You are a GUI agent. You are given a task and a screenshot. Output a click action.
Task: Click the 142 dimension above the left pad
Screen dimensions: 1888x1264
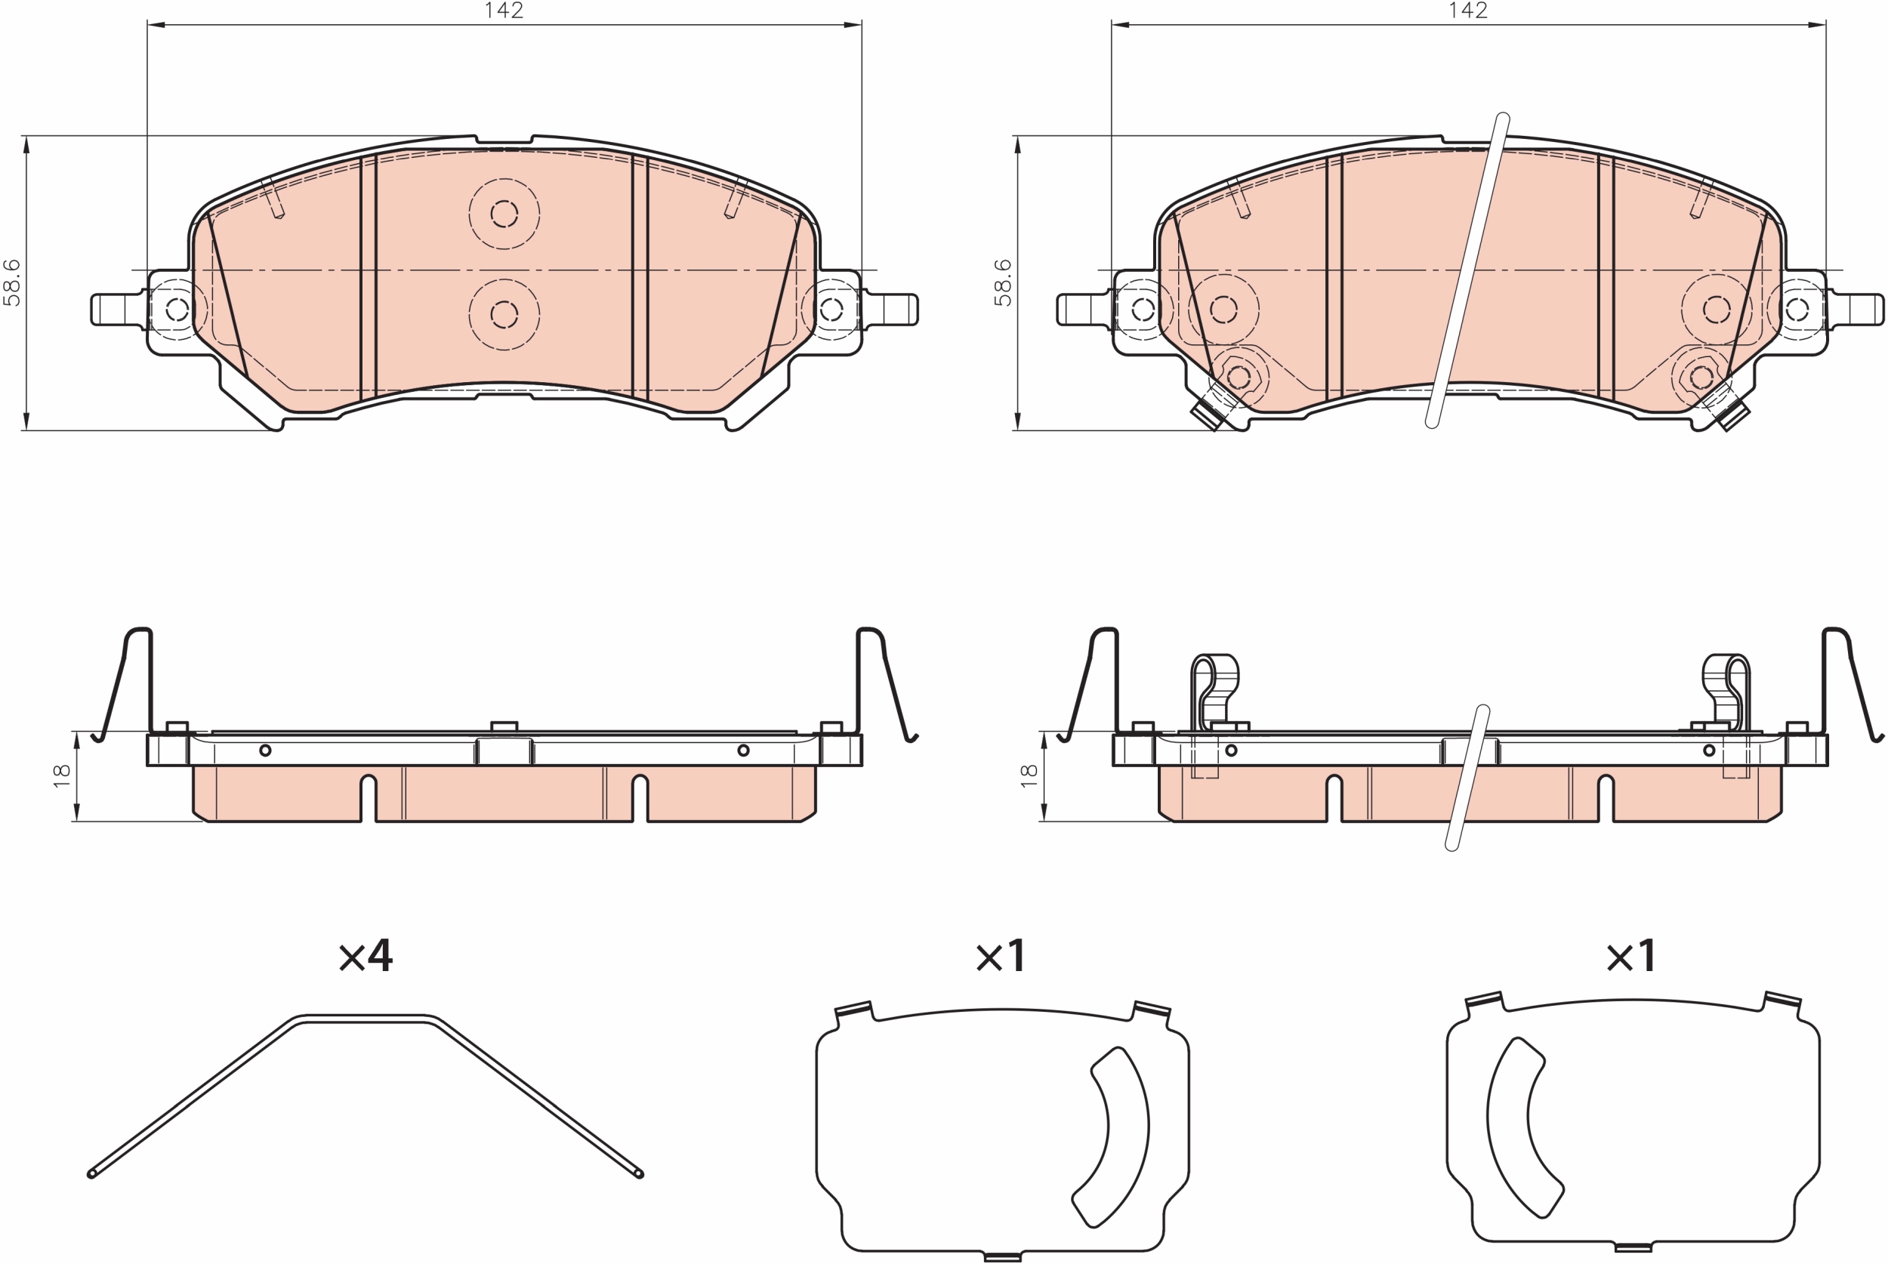tap(504, 11)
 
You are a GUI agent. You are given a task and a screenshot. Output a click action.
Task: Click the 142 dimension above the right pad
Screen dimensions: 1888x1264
tap(1468, 11)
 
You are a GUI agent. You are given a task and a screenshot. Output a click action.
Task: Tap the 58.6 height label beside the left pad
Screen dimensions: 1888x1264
tap(12, 282)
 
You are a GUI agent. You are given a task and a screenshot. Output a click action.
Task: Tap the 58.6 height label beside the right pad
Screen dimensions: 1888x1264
tap(1003, 282)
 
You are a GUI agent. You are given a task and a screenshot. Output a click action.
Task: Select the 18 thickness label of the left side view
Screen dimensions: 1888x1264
tap(62, 775)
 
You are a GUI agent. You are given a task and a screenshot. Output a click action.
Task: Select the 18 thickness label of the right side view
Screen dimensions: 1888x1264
tap(1029, 775)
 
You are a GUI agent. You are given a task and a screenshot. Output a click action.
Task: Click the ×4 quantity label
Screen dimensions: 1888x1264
tap(366, 955)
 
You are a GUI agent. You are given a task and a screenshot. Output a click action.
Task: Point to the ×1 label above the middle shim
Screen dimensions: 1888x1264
tap(1001, 956)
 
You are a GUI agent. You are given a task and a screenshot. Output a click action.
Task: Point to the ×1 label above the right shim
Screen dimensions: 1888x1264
tap(1630, 955)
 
